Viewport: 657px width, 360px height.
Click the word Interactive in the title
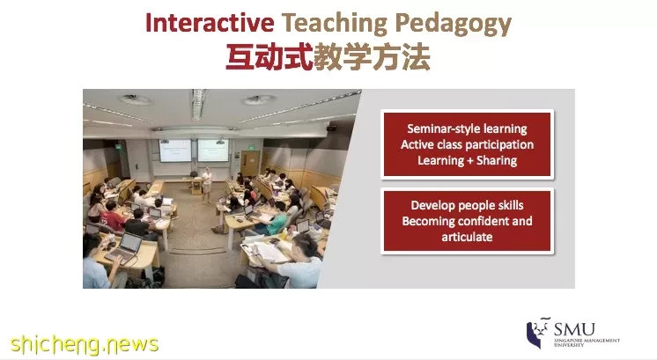coord(210,23)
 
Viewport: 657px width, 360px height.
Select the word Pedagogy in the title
coord(453,25)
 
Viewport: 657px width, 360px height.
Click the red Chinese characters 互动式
coord(269,57)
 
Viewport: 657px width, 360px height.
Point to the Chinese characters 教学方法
coord(372,57)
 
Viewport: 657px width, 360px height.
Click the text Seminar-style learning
coord(467,129)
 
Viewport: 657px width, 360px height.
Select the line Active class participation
coord(467,145)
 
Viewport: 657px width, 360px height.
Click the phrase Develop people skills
coord(467,206)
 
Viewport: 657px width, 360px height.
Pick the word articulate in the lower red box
coord(467,237)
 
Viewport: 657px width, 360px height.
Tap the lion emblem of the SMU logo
coord(537,332)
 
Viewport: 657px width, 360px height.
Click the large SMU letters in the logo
coord(574,329)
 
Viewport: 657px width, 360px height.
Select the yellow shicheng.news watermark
coord(85,344)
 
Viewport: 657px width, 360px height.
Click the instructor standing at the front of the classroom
coord(207,185)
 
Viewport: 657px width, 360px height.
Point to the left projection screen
coord(174,151)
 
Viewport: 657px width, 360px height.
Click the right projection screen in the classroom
coord(213,151)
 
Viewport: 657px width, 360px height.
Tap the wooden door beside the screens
coord(250,163)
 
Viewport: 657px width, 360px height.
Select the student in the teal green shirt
coord(277,219)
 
